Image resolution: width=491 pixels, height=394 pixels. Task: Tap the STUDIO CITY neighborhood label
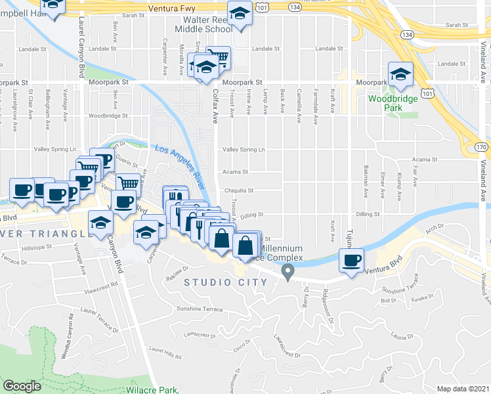pyautogui.click(x=226, y=282)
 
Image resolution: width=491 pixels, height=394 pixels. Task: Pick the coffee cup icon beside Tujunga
pyautogui.click(x=351, y=260)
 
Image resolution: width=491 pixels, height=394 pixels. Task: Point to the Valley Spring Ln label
pyautogui.click(x=244, y=150)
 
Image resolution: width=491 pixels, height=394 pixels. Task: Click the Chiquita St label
pyautogui.click(x=239, y=190)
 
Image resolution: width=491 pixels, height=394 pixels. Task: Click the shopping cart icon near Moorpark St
pyautogui.click(x=218, y=56)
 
